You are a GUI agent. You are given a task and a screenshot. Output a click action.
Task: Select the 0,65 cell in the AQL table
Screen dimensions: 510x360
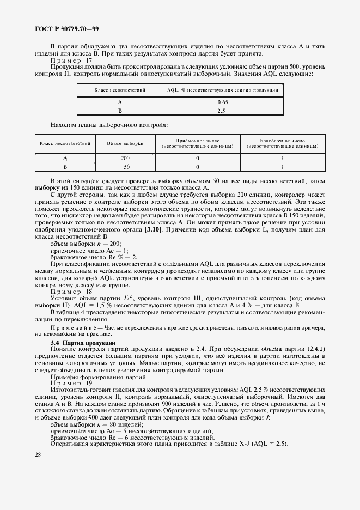[x=222, y=102]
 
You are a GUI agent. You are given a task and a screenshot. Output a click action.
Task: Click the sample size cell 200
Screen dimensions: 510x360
[x=125, y=159]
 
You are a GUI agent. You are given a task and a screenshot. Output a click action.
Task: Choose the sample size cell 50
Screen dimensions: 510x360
[x=125, y=167]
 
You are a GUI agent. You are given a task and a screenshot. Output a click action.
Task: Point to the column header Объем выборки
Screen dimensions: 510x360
[x=125, y=143]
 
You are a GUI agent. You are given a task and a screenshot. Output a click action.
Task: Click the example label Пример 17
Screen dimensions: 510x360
[x=71, y=60]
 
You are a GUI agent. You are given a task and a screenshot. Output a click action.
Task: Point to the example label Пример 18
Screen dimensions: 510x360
[x=71, y=292]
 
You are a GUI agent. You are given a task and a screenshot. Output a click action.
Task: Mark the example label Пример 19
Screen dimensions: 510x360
[x=71, y=383]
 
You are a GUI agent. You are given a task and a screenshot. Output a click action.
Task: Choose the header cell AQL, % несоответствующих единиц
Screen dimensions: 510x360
[x=222, y=89]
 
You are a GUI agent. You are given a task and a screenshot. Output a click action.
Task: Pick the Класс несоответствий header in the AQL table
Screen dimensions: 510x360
[x=119, y=89]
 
